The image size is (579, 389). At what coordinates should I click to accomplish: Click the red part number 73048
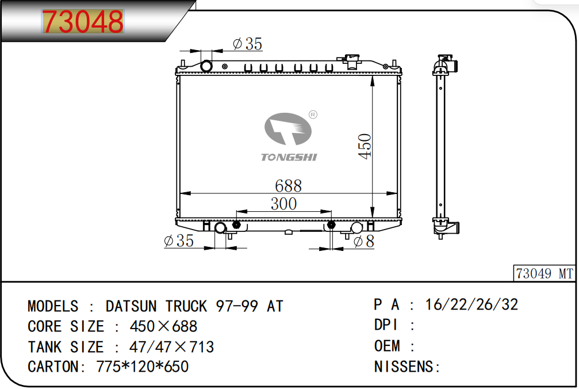pos(83,21)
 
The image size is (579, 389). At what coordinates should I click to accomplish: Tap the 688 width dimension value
pos(288,185)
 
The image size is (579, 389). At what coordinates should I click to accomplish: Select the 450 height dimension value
pos(365,146)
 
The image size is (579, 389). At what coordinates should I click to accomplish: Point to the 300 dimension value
pos(283,204)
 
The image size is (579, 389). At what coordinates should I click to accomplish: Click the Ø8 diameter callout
pos(364,242)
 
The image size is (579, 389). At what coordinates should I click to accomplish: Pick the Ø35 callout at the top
pos(247,44)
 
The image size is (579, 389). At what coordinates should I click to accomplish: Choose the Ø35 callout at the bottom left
pos(179,241)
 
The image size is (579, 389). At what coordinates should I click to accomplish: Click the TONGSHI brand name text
pos(289,157)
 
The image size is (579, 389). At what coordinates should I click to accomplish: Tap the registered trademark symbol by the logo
pos(313,115)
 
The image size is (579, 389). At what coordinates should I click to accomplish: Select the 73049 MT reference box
pos(545,273)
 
